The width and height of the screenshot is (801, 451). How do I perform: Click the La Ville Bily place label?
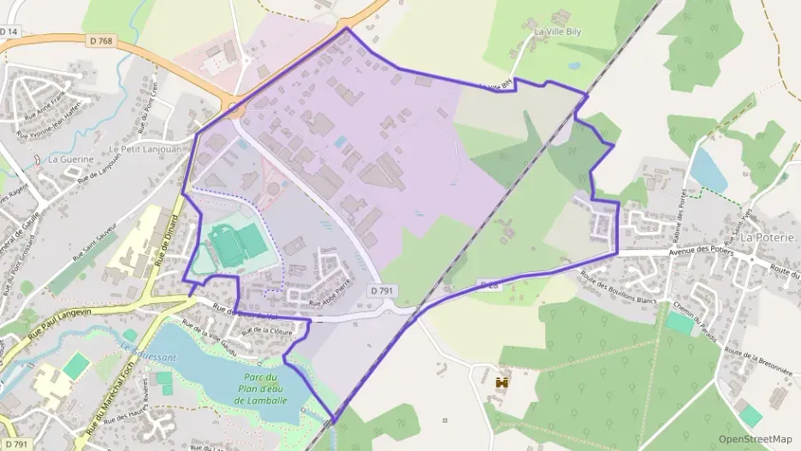(x=559, y=32)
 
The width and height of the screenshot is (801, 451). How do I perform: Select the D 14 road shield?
(x=9, y=31)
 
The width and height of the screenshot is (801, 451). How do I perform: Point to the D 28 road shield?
(x=488, y=284)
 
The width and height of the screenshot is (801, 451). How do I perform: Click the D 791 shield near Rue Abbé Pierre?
(x=383, y=292)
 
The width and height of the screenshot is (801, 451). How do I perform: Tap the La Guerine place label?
(x=70, y=158)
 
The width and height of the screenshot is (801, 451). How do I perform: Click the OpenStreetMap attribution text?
(x=756, y=439)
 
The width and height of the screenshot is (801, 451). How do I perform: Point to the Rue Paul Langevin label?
(x=62, y=326)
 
